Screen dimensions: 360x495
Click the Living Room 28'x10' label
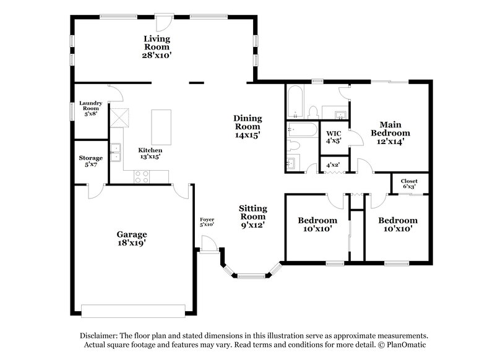pos(157,47)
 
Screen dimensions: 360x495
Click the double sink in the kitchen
pos(114,152)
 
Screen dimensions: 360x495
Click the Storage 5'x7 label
pos(90,161)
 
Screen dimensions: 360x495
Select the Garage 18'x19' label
pos(132,238)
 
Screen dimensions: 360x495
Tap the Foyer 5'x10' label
pos(207,222)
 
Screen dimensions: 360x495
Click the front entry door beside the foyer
pos(209,246)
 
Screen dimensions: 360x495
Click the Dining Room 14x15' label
pos(247,126)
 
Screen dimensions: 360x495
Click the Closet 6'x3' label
pos(409,184)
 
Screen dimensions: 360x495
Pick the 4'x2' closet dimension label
pos(334,166)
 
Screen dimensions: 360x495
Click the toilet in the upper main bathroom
pos(312,112)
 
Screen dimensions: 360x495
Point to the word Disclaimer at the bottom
pos(100,335)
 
